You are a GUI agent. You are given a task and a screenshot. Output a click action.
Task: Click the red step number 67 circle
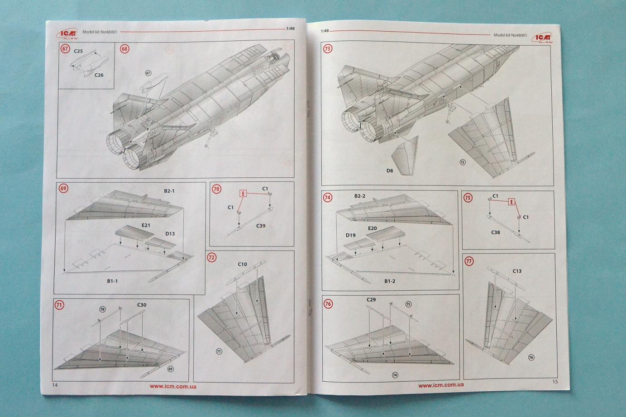65,48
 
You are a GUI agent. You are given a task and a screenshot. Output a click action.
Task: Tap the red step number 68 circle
124,48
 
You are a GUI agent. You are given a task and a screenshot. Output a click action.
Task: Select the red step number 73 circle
327,48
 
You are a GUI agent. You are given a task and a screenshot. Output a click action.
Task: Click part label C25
78,51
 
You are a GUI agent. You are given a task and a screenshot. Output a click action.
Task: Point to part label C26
99,75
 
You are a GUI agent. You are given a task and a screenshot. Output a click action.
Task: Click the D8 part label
390,171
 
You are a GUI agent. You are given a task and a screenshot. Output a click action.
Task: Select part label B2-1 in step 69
169,191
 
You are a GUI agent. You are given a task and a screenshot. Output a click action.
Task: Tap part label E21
146,225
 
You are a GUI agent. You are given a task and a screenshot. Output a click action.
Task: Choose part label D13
170,234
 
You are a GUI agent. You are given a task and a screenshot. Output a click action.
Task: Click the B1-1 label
112,281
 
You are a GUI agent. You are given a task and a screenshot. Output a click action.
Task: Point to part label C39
261,226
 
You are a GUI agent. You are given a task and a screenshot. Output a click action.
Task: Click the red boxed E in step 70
243,194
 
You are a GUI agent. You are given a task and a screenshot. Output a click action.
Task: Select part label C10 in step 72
242,264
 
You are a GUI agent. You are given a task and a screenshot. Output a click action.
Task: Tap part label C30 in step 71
142,305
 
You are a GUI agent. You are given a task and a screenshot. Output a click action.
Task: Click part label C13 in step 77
517,271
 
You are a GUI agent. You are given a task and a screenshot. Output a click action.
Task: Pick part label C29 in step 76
371,299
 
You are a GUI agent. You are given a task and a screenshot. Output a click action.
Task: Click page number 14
55,385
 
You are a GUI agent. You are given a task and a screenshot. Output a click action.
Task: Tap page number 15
555,381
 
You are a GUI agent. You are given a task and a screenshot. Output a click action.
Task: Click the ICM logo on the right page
542,37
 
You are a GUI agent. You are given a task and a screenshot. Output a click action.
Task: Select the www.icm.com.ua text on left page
173,386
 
